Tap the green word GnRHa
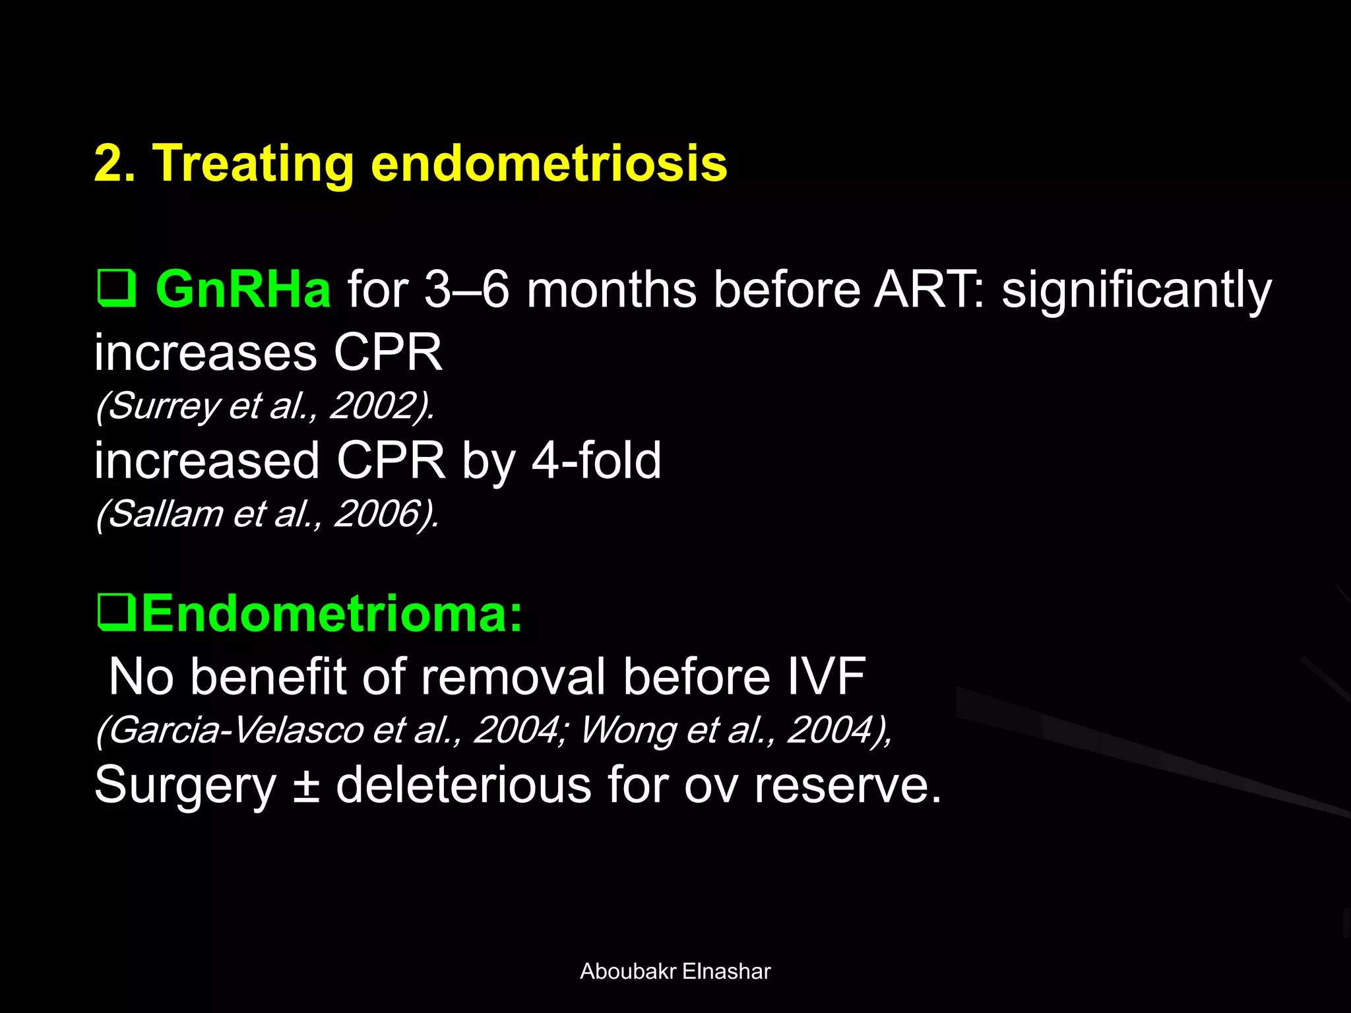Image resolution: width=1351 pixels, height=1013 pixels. (243, 290)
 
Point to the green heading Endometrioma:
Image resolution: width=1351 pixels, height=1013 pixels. (332, 613)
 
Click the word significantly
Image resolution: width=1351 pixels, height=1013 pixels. (1136, 290)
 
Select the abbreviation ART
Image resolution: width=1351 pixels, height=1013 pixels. (924, 290)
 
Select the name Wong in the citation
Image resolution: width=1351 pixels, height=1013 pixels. (627, 730)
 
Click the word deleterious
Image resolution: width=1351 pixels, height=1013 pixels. (464, 785)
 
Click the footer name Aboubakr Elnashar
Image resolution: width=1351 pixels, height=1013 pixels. (675, 971)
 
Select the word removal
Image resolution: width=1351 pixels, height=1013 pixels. (513, 677)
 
